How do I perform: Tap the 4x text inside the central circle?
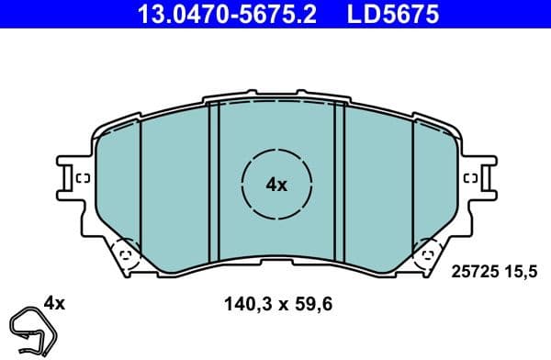pos(276,185)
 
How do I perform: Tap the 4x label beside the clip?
pos(55,301)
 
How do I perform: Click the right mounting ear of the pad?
pos(478,177)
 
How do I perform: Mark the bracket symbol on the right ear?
pos(471,178)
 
